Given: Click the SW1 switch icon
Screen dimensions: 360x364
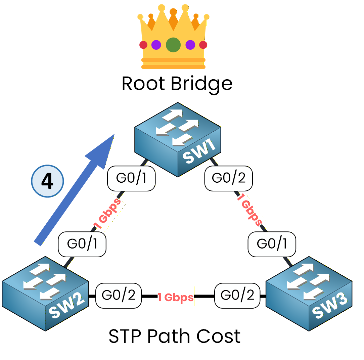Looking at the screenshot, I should pos(178,139).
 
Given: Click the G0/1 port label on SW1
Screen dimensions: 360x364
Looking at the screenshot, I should pos(131,178).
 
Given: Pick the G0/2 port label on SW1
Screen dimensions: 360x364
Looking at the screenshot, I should pos(228,178).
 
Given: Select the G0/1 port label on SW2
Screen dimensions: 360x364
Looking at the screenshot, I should pos(82,244).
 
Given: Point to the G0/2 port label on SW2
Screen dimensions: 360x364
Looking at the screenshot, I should pos(119,296).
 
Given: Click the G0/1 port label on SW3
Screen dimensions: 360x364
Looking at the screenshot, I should pos(272,244).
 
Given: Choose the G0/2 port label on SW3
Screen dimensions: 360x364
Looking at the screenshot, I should pos(237,296).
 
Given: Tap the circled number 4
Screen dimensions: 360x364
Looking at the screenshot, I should pos(47,182).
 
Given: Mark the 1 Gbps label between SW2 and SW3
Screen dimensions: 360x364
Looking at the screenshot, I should pos(176,297).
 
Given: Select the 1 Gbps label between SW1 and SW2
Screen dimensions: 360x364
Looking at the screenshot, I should pos(107,215).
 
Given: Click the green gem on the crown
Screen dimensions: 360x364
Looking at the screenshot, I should pos(173,44).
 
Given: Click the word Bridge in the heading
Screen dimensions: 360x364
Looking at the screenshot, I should pos(201,84).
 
